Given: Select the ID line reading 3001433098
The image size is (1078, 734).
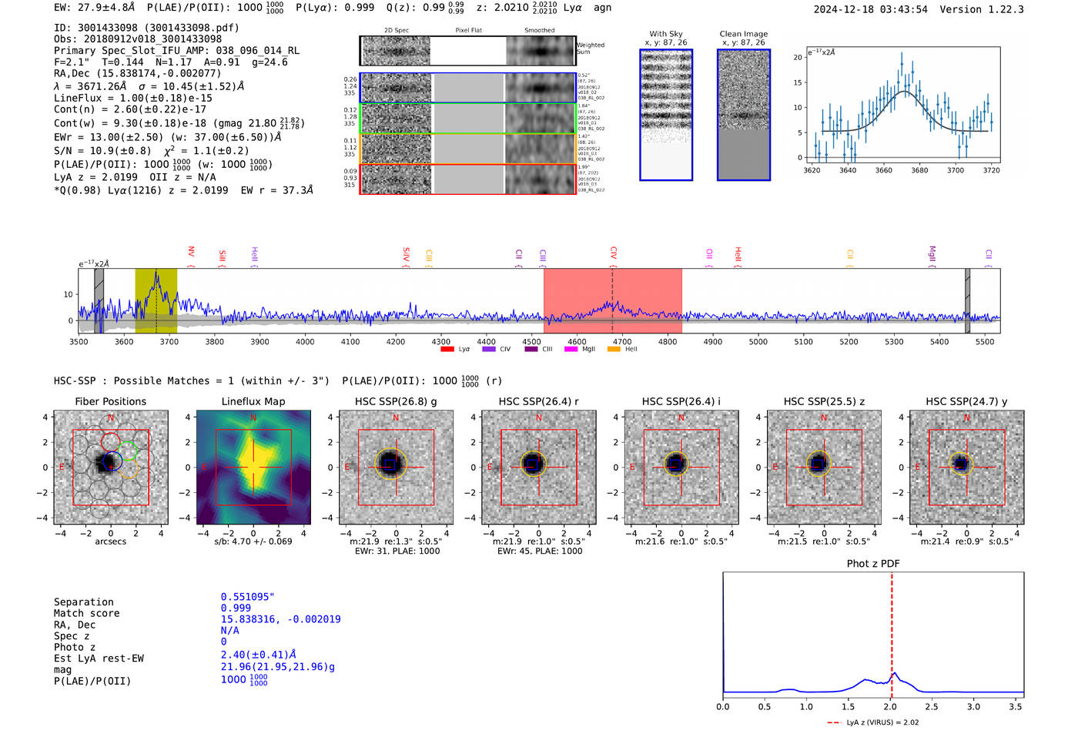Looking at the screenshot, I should pos(146,28).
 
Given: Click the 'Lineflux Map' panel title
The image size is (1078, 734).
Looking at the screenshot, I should pos(253,401).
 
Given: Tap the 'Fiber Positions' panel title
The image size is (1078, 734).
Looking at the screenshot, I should pos(110,401).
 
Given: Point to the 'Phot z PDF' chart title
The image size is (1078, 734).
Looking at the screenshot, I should pos(872,564).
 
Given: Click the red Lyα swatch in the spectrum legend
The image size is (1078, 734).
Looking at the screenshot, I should pos(447,349).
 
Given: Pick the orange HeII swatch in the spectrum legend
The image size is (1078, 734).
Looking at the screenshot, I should pos(614,349).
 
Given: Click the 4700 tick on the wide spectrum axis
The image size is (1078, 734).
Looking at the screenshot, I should pos(622,341).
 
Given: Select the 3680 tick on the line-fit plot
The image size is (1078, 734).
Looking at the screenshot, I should pos(919,170).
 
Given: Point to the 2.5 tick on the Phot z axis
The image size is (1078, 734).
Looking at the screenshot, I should pos(932,706).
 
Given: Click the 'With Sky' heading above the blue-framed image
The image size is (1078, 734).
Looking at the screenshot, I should pos(666,34).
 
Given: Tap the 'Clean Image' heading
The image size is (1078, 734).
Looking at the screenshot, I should pos(743,34).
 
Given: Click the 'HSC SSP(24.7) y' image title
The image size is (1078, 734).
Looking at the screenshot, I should pos(966,401).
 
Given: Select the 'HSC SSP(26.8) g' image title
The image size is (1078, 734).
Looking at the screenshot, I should pos(396,401).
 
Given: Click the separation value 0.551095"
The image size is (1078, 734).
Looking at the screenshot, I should pos(247,597).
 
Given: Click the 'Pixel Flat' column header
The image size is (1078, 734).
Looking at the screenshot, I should pos(468,31).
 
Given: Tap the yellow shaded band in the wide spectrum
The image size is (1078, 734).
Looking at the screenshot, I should pos(156,300).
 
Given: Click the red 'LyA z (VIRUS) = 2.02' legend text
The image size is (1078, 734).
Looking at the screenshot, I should pos(882,722).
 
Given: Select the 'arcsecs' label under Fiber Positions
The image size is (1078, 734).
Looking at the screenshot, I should pos(110,541).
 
